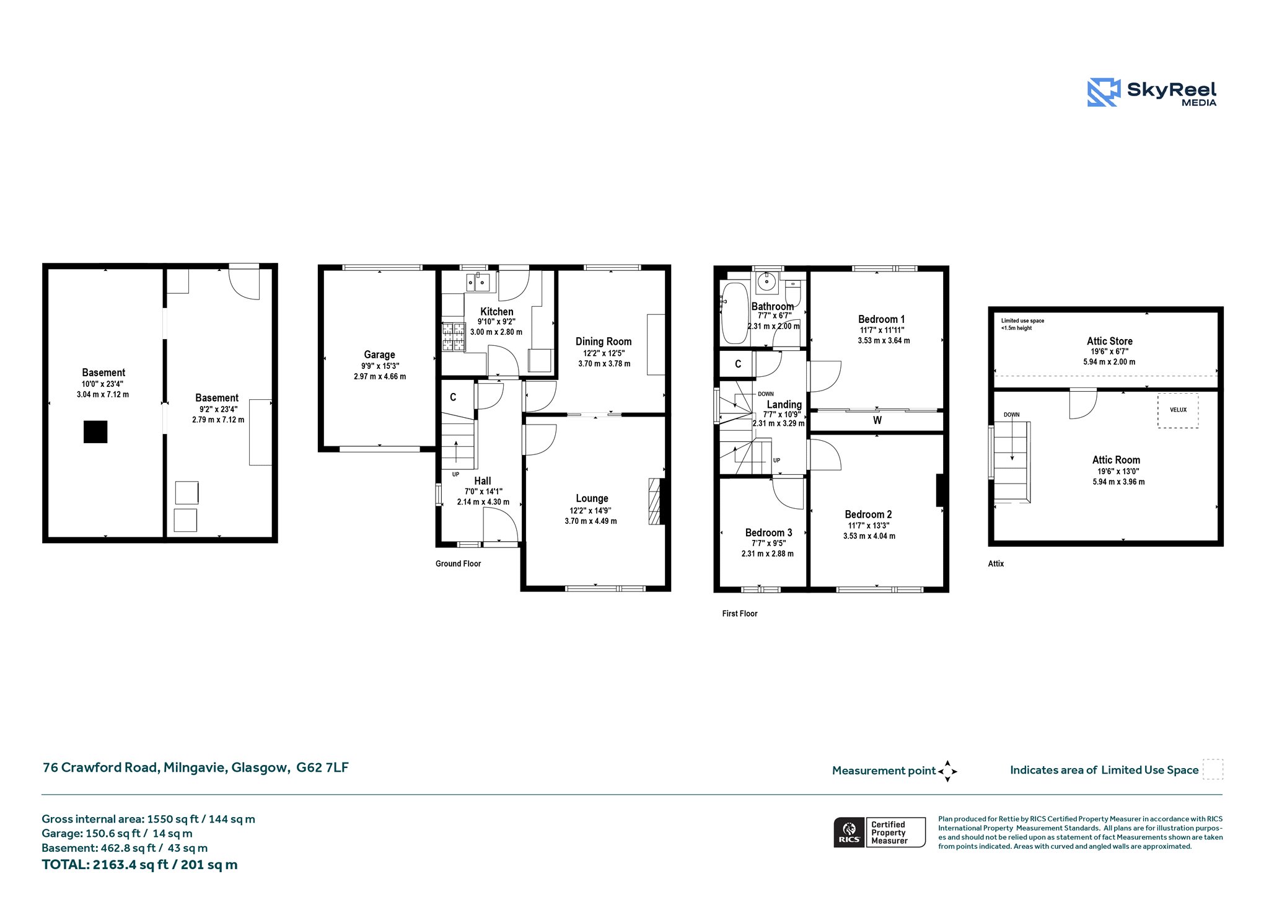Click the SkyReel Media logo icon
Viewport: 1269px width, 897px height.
tap(1104, 92)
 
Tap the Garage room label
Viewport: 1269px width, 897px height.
tap(379, 355)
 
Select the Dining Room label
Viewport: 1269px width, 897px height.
tap(604, 342)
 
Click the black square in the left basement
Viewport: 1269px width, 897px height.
tap(95, 432)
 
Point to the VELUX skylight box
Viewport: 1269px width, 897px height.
tap(1178, 410)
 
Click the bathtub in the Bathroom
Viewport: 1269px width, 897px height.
tap(734, 313)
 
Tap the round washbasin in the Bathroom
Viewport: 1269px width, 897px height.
tap(768, 282)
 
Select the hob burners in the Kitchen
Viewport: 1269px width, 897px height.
tap(453, 337)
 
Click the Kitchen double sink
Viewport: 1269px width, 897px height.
tap(478, 283)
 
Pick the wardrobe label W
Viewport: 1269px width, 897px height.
tap(877, 420)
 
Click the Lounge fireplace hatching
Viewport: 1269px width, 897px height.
tap(655, 502)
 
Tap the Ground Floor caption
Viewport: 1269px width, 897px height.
tap(458, 563)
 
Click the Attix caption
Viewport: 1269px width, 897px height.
tap(996, 563)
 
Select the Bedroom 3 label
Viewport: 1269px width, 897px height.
tap(768, 532)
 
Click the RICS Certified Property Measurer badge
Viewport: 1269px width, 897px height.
tap(879, 832)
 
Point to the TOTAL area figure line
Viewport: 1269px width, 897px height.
tap(139, 865)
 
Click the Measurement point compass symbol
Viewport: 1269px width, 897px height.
tap(947, 771)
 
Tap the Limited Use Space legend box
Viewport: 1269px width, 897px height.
tap(1213, 769)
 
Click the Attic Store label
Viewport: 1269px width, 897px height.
tap(1109, 341)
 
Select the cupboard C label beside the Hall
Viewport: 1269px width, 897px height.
tap(453, 397)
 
